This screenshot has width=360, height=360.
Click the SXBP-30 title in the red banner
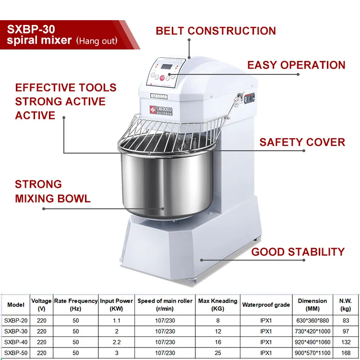click(30, 28)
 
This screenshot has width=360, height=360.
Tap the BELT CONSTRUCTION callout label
click(216, 31)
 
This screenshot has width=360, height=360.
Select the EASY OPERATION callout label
click(296, 65)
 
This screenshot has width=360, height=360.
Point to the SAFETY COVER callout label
click(302, 142)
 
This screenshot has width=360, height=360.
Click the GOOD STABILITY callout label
click(298, 252)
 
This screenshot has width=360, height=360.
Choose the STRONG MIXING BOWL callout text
click(52, 191)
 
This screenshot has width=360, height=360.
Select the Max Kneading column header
click(217, 304)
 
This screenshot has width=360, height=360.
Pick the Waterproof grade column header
click(266, 304)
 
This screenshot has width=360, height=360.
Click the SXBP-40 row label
click(15, 341)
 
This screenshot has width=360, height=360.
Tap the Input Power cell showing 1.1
click(116, 321)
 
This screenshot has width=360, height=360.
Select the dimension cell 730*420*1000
click(312, 331)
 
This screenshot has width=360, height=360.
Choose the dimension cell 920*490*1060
click(312, 341)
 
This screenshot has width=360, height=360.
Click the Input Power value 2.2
click(116, 341)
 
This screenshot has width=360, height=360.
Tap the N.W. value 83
click(346, 321)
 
